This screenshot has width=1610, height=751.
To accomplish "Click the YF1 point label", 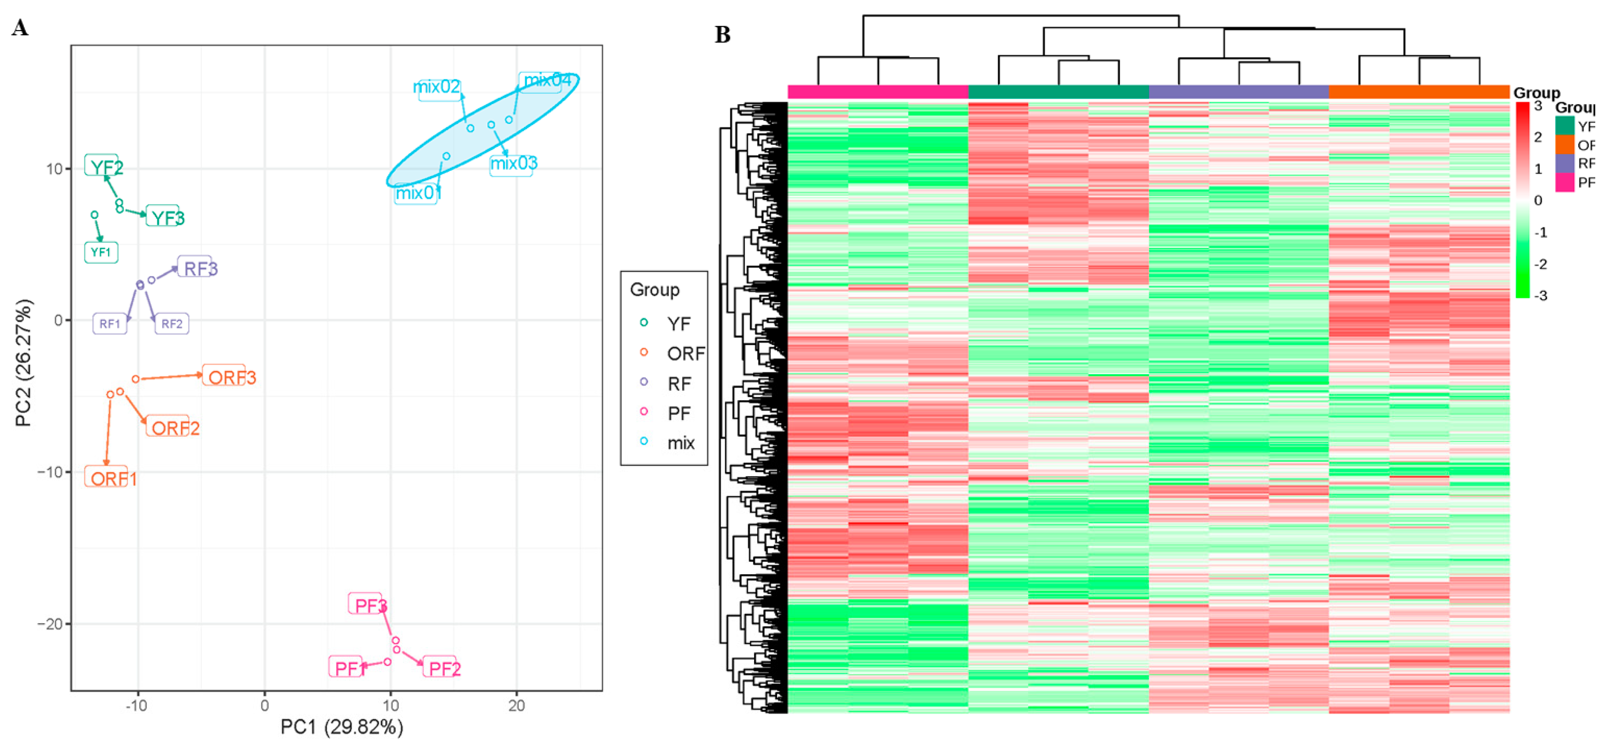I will [x=101, y=253].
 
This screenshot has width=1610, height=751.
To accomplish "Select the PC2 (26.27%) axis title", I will [x=24, y=363].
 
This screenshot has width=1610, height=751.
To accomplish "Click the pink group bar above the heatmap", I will [x=878, y=92].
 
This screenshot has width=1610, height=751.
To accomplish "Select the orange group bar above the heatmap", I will [x=1419, y=92].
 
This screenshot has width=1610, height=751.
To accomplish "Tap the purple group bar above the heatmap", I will [x=1239, y=92].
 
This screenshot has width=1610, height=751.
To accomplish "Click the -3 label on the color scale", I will [x=1540, y=296].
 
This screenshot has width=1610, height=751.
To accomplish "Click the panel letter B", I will [x=723, y=35].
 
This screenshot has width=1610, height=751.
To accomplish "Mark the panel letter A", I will [x=20, y=28].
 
